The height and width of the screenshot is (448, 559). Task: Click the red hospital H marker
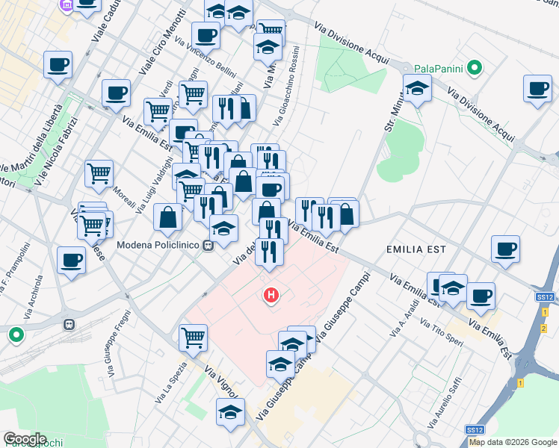pos(271,296)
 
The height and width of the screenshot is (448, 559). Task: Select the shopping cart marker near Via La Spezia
pos(193,338)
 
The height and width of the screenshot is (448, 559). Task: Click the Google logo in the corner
pos(25,439)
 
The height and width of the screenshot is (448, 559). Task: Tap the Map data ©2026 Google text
pos(513,442)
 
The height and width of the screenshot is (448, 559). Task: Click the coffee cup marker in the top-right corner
pos(537,89)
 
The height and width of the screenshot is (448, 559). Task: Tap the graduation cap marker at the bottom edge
pos(230,411)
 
